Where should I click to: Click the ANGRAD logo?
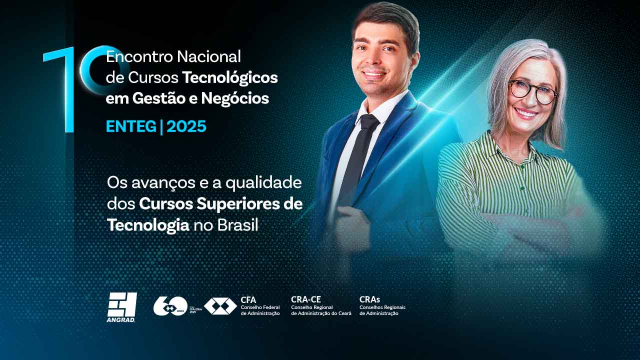(121, 306)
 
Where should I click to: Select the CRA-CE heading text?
(306, 299)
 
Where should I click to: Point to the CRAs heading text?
(369, 299)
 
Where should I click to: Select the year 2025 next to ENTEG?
(186, 126)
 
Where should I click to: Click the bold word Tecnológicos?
(229, 77)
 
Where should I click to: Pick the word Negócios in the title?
(235, 98)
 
